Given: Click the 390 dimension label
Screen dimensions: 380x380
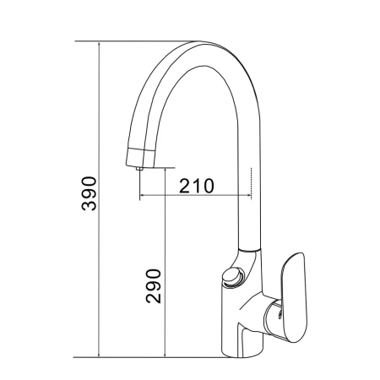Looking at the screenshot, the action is click(x=89, y=193).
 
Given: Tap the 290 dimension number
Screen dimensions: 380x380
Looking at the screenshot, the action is click(x=154, y=286).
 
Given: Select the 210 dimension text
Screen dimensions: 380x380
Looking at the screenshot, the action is click(x=197, y=186).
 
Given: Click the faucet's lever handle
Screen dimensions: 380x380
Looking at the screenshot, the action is click(x=294, y=297).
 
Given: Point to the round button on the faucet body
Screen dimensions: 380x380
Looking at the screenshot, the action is click(x=233, y=277).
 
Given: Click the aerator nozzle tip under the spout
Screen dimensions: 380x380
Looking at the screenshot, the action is click(x=138, y=169).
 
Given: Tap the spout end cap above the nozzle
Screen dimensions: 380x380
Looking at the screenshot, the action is click(x=140, y=158).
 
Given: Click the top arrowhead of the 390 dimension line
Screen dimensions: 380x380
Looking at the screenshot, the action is click(x=99, y=44).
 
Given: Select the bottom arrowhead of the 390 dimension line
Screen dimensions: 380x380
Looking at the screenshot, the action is click(x=99, y=355).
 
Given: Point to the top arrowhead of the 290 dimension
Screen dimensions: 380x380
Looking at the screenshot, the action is click(x=165, y=171).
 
